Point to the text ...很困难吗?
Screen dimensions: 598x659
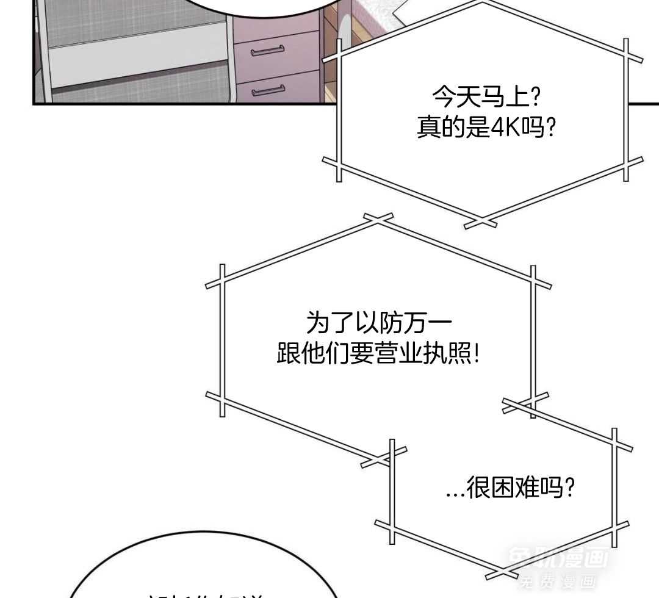coord(510,488)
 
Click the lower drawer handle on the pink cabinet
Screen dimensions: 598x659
coord(268,91)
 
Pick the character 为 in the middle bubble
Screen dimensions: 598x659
coord(319,323)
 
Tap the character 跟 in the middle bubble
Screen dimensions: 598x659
coord(289,353)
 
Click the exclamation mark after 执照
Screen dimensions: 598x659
coord(476,353)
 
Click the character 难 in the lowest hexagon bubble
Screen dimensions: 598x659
coord(527,488)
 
